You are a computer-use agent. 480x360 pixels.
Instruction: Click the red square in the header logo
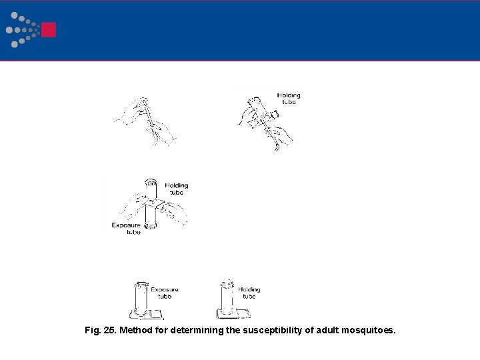48,30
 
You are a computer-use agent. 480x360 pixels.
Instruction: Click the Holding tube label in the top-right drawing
288,99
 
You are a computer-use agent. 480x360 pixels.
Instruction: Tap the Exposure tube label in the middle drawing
126,229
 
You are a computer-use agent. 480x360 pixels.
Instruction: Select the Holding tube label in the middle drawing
177,189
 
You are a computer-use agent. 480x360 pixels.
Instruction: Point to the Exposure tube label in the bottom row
164,293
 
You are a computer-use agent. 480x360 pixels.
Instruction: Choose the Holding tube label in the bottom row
249,293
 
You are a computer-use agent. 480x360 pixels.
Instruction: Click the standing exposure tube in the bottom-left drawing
140,298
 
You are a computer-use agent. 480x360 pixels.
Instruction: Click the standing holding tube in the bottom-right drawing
227,298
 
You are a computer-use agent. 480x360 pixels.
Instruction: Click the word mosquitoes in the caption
368,330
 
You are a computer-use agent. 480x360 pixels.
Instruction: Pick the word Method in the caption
138,330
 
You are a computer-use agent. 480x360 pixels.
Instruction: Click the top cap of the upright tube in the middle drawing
150,181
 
